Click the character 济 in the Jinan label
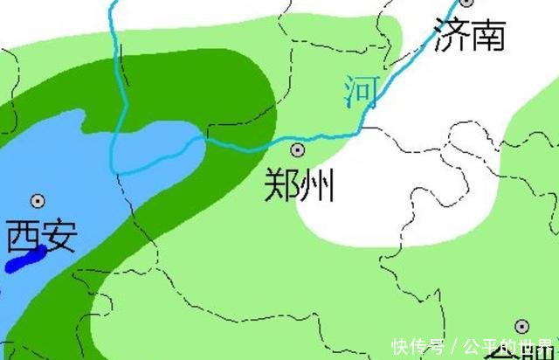pos(450,36)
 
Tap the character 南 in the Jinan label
pos(487,36)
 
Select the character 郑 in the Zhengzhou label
pos(282,185)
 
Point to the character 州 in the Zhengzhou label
pos(317,185)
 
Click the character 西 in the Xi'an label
pos(22,236)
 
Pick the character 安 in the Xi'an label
pos(59,236)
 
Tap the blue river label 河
pos(361,92)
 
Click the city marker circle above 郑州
pos(299,149)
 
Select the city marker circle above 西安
pos(38,201)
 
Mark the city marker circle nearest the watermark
pos(521,327)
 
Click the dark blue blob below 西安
pos(24,260)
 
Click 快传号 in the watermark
pos(418,345)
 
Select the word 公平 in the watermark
pos(475,345)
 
